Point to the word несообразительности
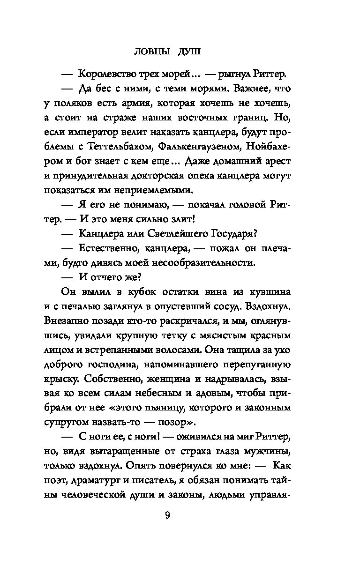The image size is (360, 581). coord(199,263)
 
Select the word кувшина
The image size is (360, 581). coord(272,292)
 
